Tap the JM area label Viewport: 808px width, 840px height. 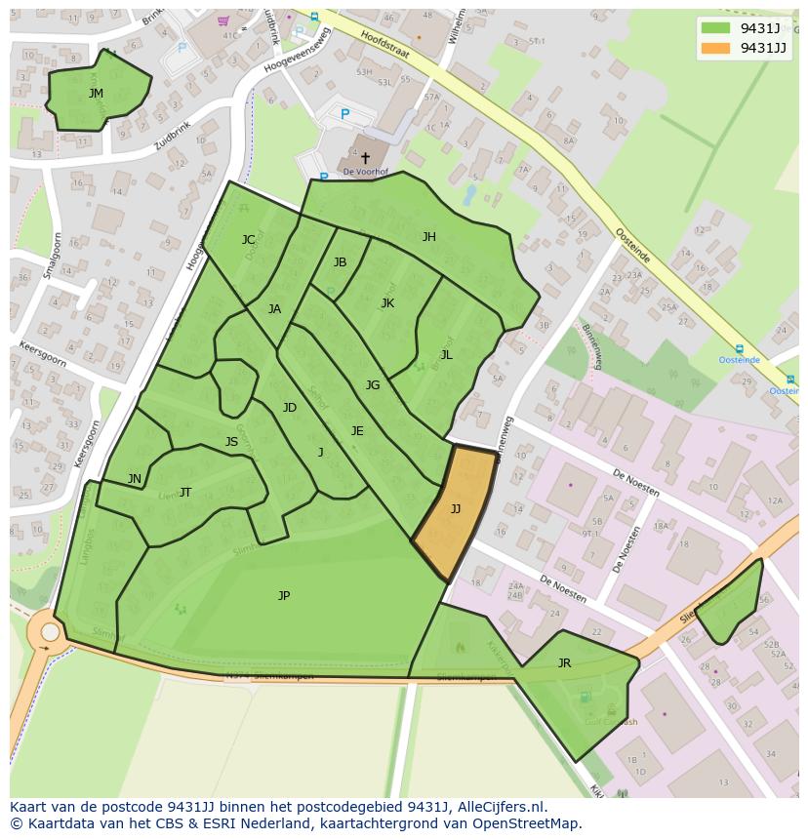click(x=96, y=94)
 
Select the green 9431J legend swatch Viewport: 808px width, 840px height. click(x=715, y=28)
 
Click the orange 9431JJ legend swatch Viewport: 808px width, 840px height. click(x=715, y=48)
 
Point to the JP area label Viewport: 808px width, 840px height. click(x=284, y=595)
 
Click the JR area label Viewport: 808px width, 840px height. click(x=564, y=663)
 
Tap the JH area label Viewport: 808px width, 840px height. click(x=428, y=237)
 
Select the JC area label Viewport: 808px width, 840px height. click(x=248, y=240)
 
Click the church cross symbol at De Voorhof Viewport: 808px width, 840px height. click(x=365, y=157)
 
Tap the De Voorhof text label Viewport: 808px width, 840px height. click(x=366, y=173)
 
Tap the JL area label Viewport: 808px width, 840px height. click(x=446, y=355)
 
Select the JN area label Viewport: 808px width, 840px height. click(x=135, y=479)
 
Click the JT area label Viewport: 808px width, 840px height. click(x=185, y=493)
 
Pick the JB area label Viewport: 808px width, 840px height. click(x=340, y=262)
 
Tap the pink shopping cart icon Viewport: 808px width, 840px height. click(x=223, y=20)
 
